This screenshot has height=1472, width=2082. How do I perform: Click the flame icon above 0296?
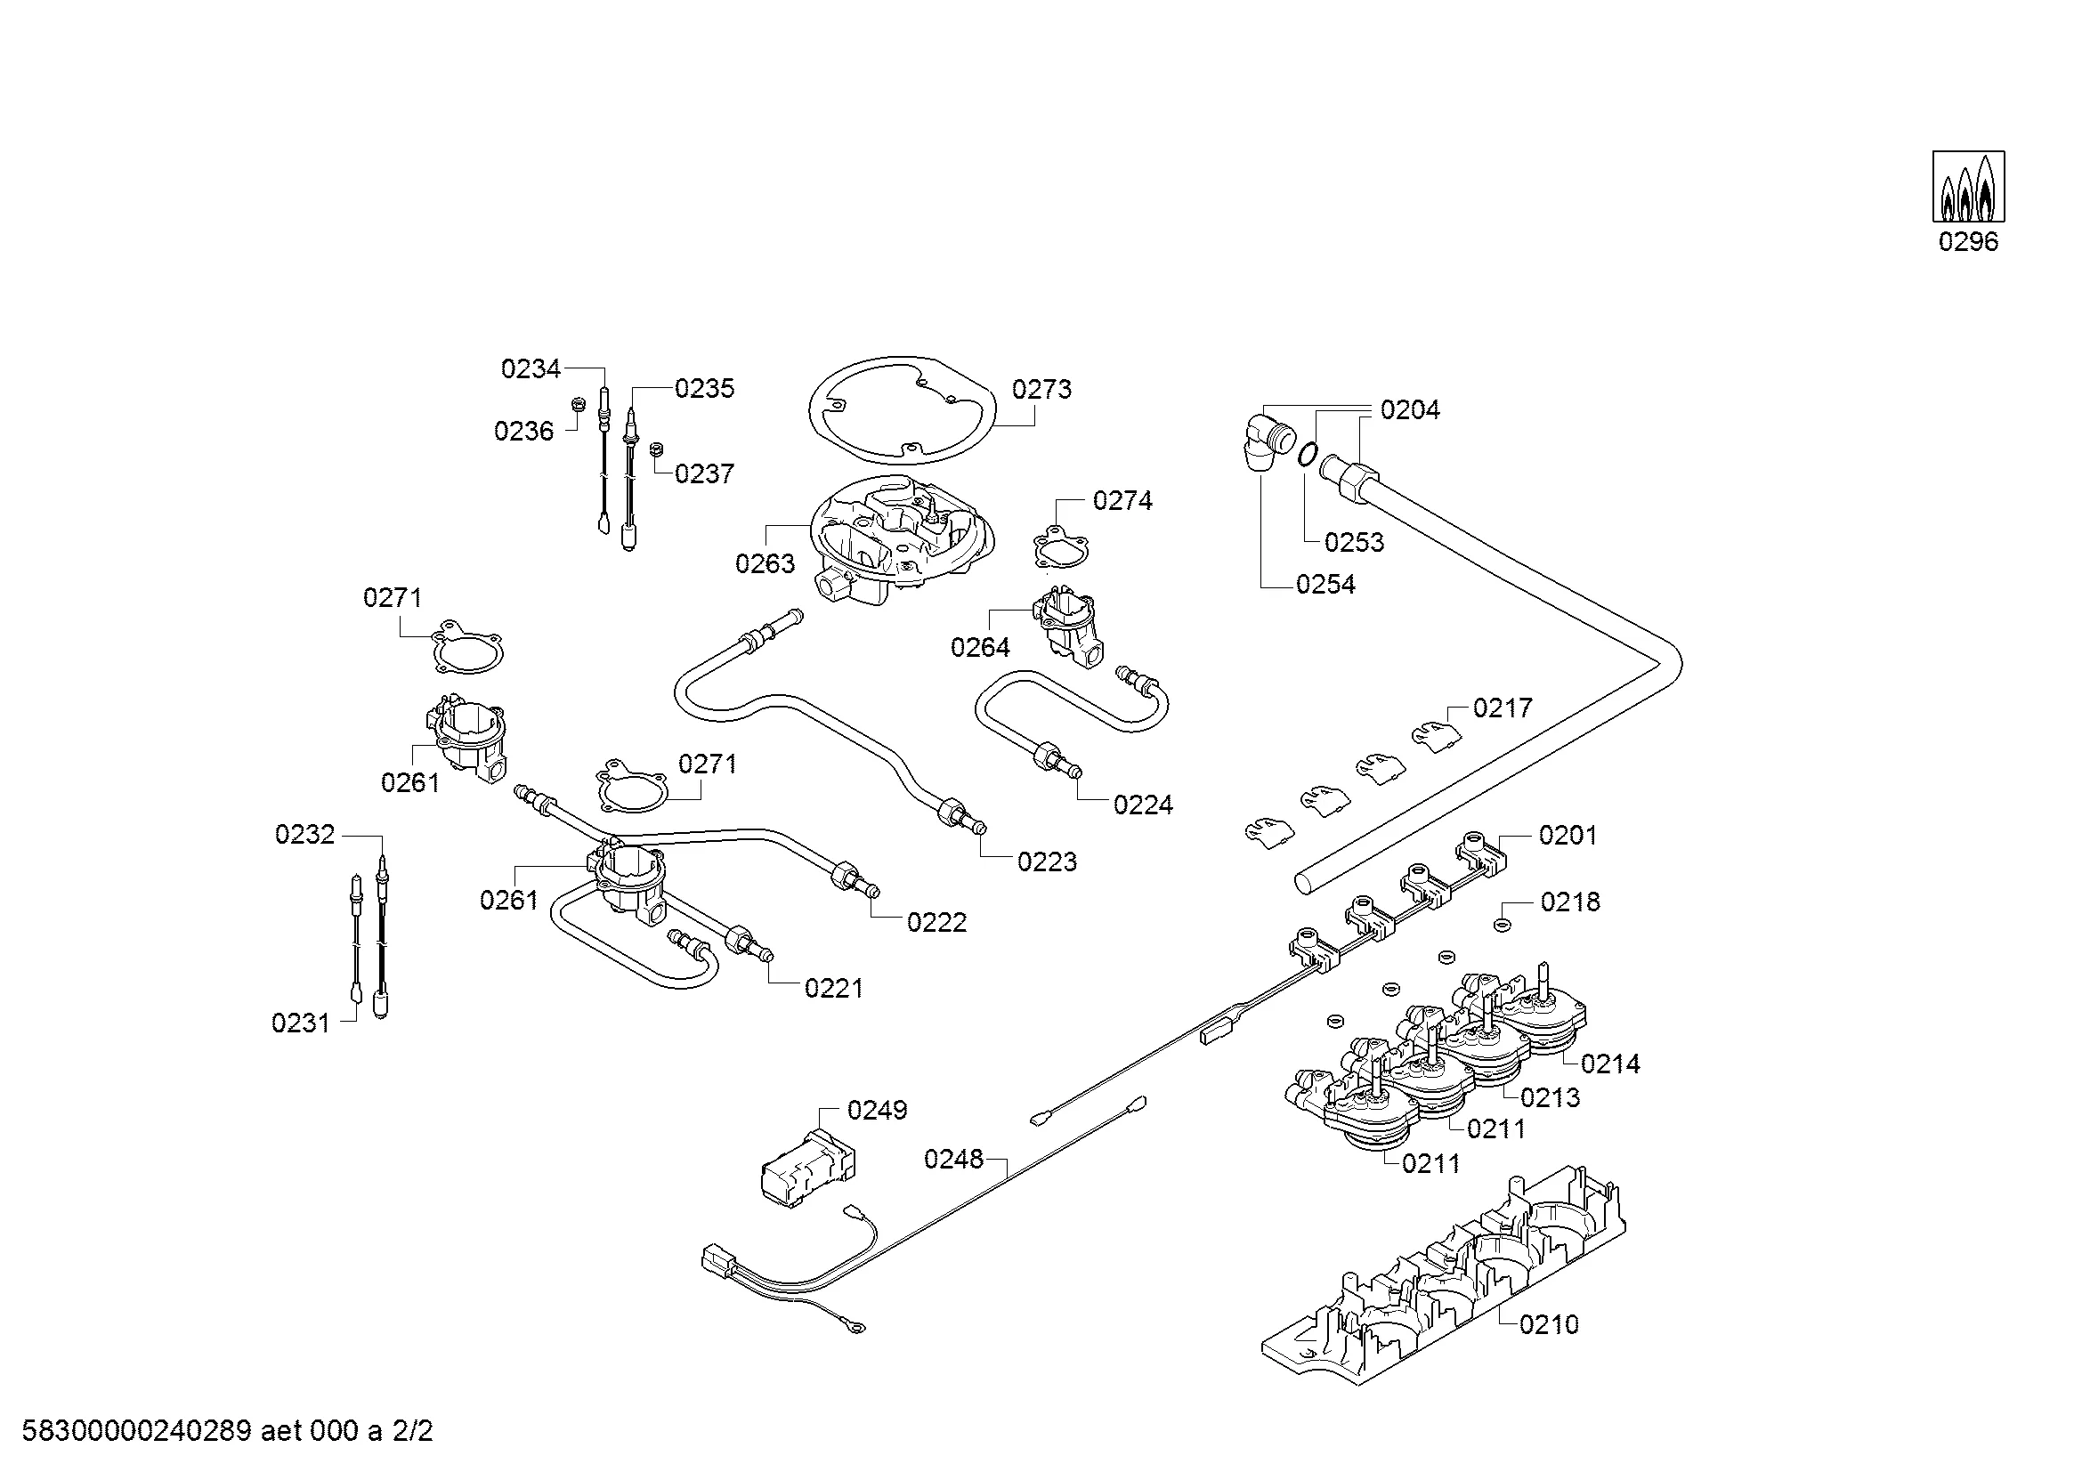click(x=1968, y=187)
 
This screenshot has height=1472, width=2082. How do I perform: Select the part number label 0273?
click(x=1041, y=390)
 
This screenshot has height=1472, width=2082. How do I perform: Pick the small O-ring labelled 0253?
click(x=1307, y=452)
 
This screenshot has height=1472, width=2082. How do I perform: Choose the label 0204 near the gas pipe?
click(x=1409, y=410)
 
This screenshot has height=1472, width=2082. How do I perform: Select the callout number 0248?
click(x=953, y=1160)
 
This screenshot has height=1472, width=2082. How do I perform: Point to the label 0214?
click(x=1609, y=1064)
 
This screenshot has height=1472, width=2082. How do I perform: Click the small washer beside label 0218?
click(x=1502, y=925)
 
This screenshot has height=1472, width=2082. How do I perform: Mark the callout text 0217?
click(x=1503, y=708)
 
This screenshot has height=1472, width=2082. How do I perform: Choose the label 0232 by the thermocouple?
click(x=304, y=835)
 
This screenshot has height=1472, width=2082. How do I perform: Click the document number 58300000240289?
click(x=136, y=1432)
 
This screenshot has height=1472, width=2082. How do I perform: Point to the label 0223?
click(x=1047, y=862)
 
